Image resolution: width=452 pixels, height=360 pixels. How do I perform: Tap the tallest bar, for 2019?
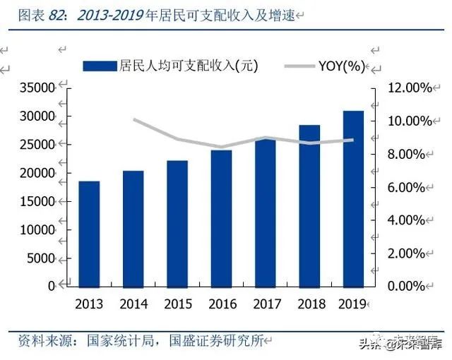[353, 198]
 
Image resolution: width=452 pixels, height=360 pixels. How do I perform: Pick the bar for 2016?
[221, 218]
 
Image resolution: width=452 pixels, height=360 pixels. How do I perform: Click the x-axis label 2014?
[133, 304]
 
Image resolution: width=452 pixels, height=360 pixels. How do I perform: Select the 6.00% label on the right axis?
[407, 187]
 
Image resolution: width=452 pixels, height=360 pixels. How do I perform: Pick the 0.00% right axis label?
[407, 286]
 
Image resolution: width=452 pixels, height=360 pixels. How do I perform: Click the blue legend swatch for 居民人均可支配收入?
[100, 66]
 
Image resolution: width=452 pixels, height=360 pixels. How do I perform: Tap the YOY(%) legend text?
[341, 66]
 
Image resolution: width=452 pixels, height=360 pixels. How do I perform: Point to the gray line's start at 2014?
[134, 119]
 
